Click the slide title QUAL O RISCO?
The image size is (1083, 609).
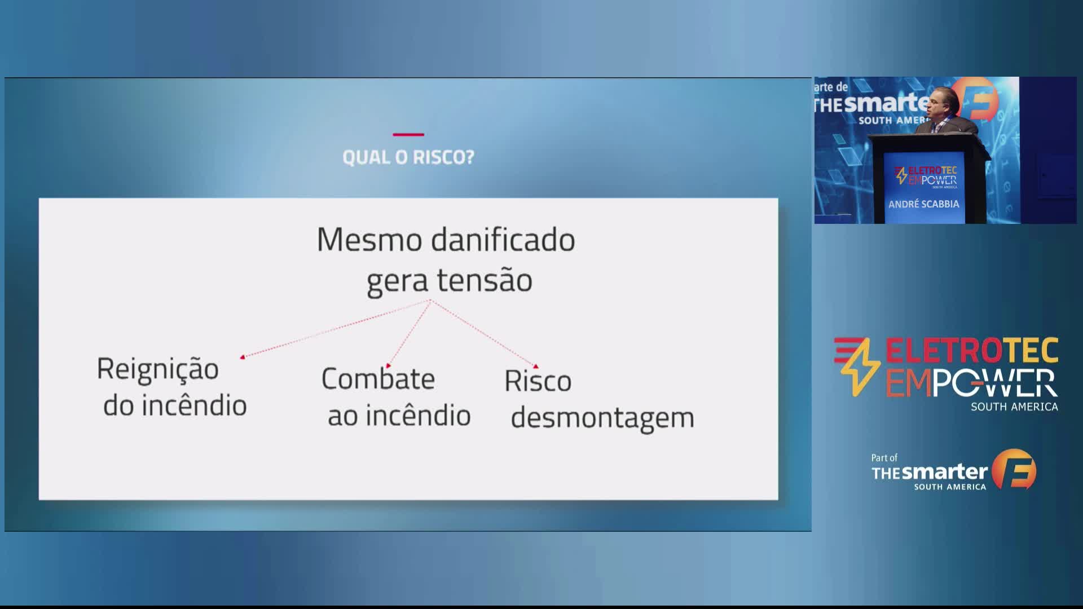[x=408, y=157]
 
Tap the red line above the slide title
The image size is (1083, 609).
[x=408, y=134]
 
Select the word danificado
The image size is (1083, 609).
[x=503, y=239]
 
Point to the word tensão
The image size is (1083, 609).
[x=485, y=280]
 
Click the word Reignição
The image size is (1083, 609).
[x=158, y=370]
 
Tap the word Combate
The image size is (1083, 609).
[x=378, y=378]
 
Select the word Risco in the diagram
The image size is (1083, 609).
[x=538, y=381]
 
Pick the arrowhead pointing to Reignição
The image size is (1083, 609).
[x=243, y=356]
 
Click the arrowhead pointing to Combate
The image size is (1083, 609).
[x=388, y=365]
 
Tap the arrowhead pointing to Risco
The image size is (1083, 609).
[x=535, y=367]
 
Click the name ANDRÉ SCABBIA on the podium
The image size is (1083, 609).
[x=924, y=204]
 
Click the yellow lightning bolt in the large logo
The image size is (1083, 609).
[x=857, y=367]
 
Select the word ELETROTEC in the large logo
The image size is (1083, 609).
[x=972, y=351]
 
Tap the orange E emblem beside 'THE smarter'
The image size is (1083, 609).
[x=1014, y=469]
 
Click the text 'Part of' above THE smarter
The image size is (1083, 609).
[x=884, y=458]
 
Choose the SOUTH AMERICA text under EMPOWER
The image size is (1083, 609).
[x=1014, y=407]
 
